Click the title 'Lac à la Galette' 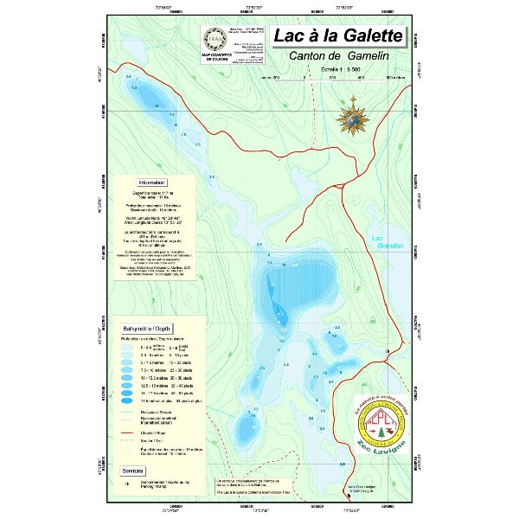(x=337, y=36)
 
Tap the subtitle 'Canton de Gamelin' (x=339, y=56)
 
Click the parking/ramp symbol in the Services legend (x=128, y=480)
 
